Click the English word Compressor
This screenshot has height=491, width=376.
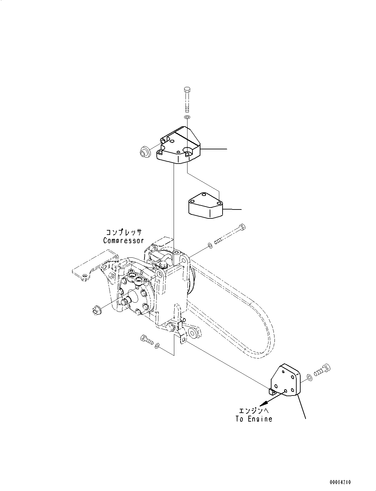pos(123,241)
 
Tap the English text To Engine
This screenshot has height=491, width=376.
pos(254,419)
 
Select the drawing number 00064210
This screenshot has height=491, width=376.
pos(340,482)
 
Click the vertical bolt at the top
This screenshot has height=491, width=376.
pos(187,99)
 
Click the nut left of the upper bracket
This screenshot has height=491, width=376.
pos(145,152)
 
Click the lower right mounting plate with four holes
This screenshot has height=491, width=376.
pos(285,380)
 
